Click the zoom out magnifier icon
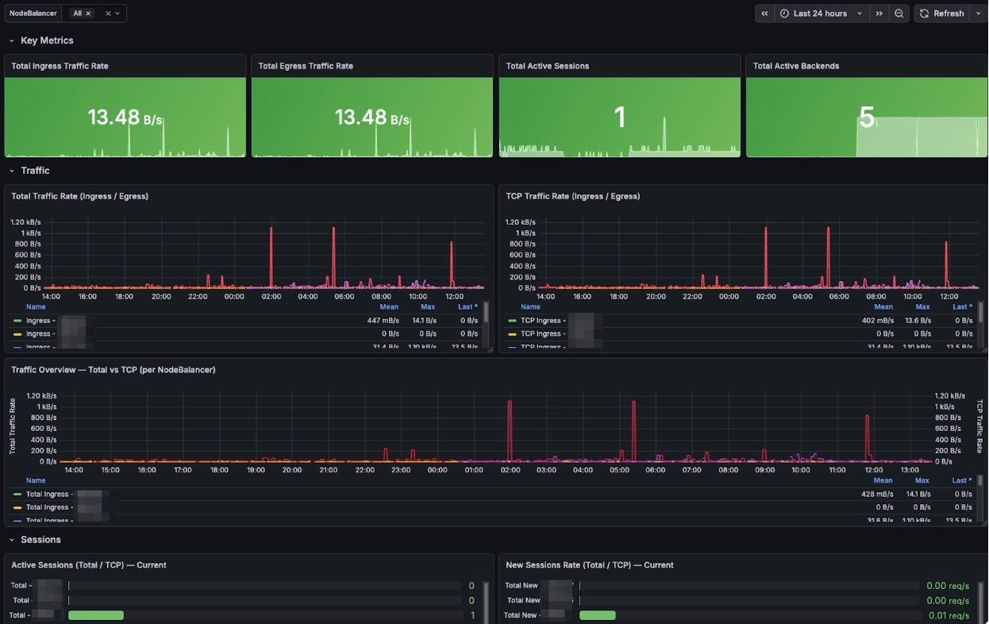coord(899,13)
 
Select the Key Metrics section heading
coord(47,40)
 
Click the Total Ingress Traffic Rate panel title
coord(60,66)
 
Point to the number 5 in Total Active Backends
coord(867,118)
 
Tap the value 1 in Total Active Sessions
coord(620,118)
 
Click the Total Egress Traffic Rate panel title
coord(306,66)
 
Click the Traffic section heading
coord(35,171)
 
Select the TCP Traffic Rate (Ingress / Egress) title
coord(572,196)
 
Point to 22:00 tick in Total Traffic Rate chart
coord(198,296)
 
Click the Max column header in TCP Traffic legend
coord(922,306)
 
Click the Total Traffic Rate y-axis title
coord(13,426)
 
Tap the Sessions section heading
coord(40,540)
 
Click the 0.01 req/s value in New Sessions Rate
coord(947,615)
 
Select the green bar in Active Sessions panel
coord(96,615)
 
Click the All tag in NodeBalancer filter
coord(77,13)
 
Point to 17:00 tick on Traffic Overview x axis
coord(183,470)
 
